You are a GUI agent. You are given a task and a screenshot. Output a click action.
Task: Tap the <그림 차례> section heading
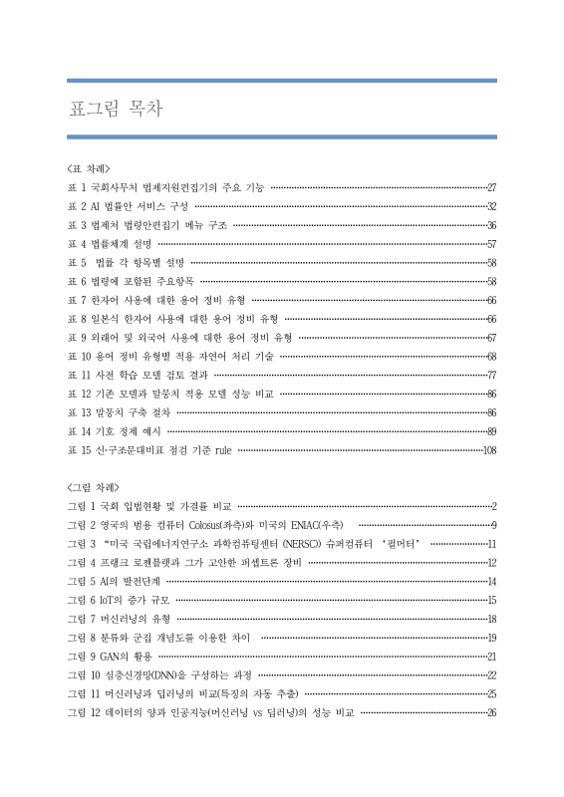(x=95, y=487)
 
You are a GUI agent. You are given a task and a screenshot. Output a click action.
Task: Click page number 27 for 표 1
(x=491, y=186)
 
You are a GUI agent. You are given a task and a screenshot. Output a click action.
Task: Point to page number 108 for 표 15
(x=488, y=450)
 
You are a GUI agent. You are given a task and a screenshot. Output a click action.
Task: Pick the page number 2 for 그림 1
(x=494, y=506)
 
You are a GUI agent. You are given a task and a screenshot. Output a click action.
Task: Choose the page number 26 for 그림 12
(x=491, y=712)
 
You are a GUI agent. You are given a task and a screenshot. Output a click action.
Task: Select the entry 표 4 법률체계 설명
(x=110, y=243)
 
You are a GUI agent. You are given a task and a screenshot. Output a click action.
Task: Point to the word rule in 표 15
(x=222, y=450)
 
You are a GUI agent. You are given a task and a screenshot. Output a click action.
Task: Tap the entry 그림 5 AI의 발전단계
(x=113, y=581)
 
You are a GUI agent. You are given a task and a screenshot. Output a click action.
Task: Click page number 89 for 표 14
(x=491, y=431)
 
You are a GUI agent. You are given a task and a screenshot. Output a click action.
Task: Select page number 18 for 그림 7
(x=491, y=619)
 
